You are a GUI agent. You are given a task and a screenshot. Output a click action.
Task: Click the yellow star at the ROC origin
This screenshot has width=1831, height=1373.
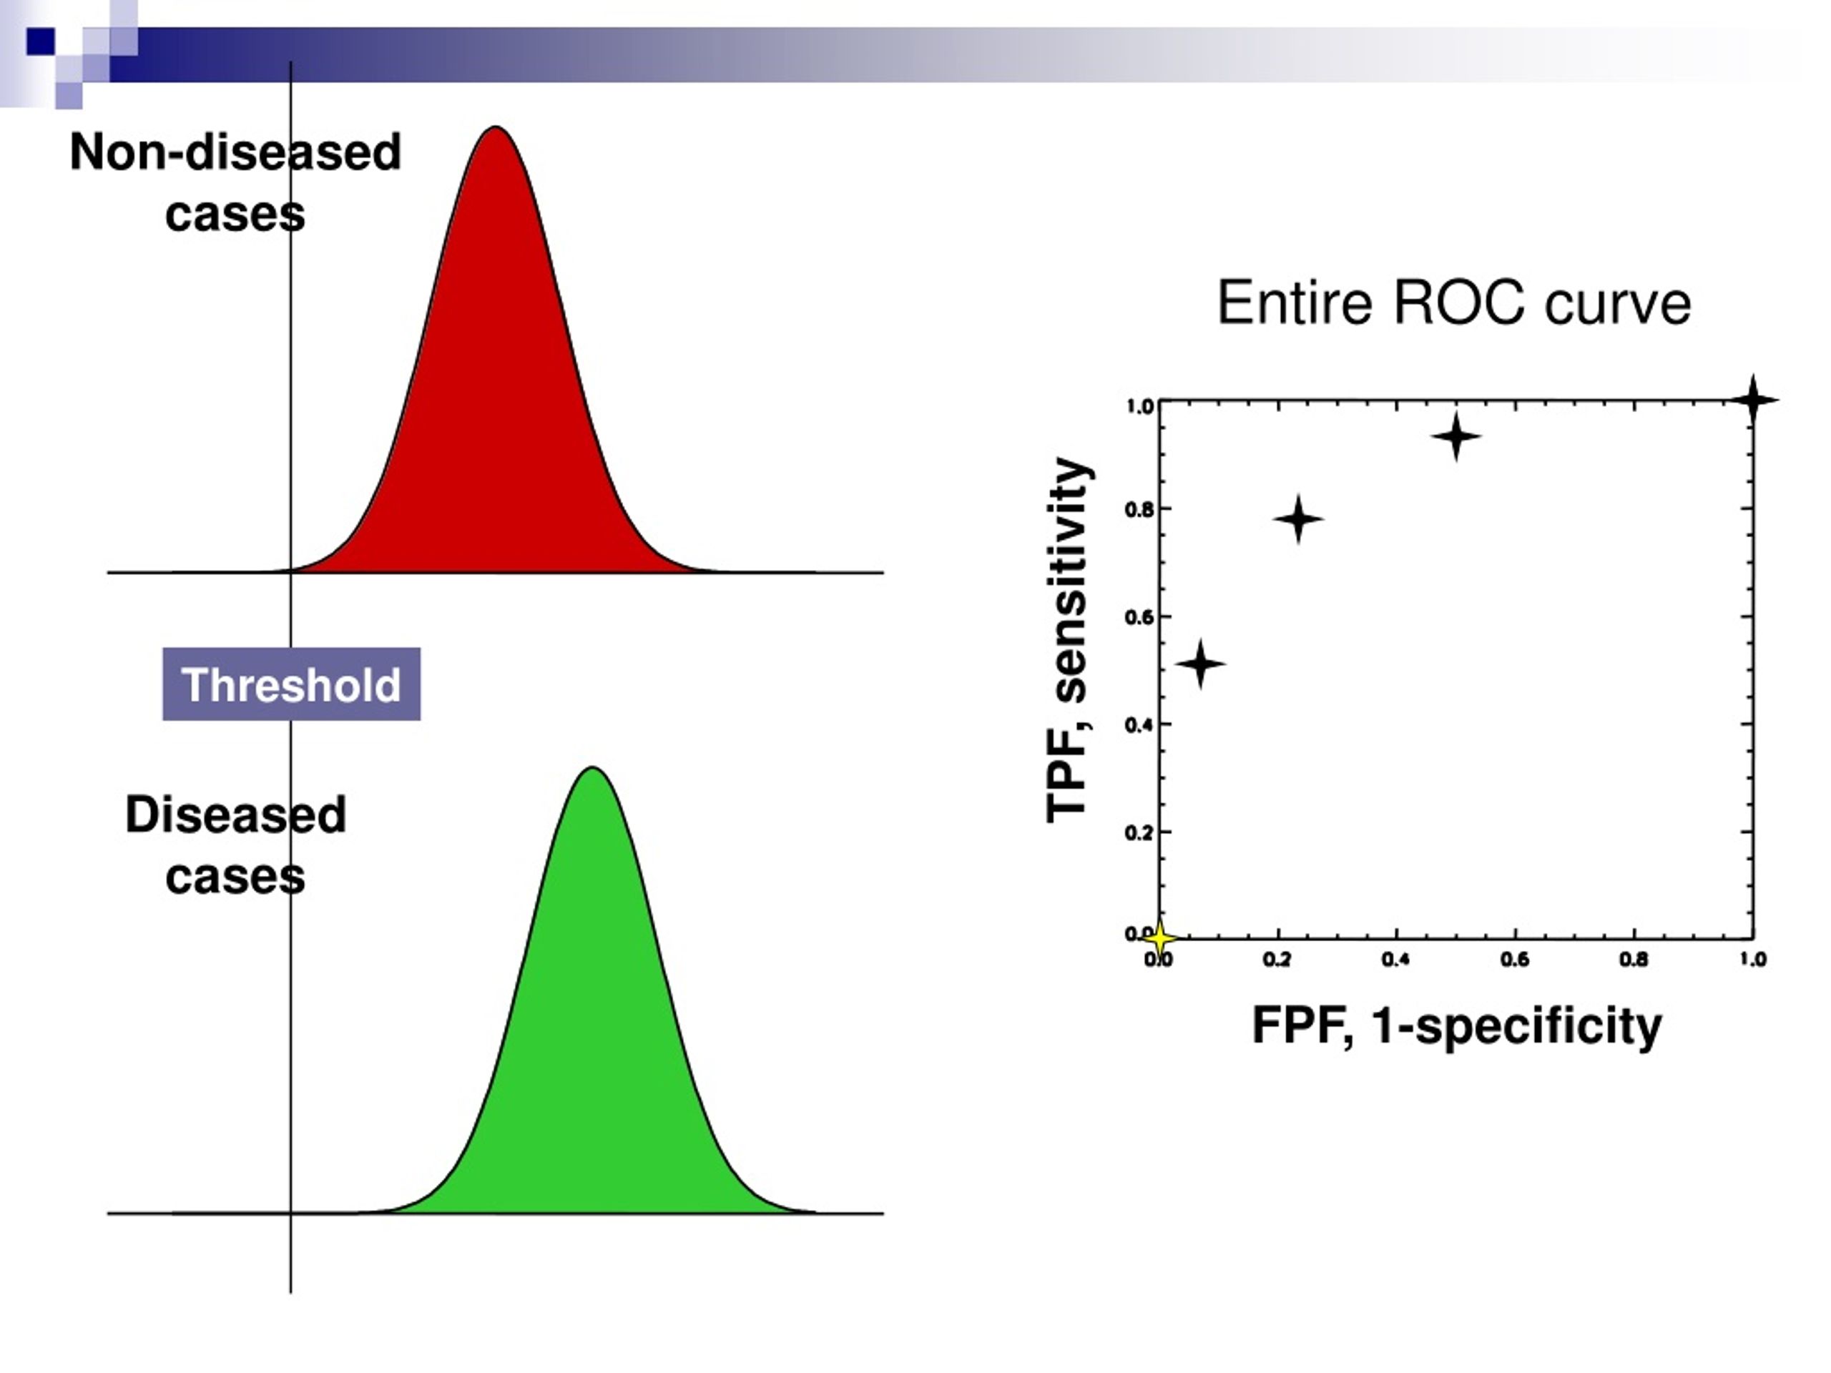pyautogui.click(x=1159, y=938)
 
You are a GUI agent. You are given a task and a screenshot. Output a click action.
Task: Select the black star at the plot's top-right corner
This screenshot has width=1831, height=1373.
pyautogui.click(x=1753, y=400)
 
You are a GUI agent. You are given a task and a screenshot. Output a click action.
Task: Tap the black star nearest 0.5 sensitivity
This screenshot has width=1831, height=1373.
pyautogui.click(x=1200, y=663)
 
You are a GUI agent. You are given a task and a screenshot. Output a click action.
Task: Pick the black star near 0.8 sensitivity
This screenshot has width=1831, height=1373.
pyautogui.click(x=1298, y=519)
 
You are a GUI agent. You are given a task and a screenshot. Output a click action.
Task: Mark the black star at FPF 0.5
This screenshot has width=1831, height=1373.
pyautogui.click(x=1456, y=435)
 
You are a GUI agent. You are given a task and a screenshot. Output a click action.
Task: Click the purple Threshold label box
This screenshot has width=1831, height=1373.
pyautogui.click(x=291, y=684)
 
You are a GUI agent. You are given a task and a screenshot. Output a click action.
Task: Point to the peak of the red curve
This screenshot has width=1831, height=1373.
pyautogui.click(x=495, y=127)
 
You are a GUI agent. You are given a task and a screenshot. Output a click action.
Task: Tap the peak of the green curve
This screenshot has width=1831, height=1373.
pyautogui.click(x=593, y=768)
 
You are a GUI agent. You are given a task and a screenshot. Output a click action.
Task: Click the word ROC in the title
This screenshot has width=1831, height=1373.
pyautogui.click(x=1458, y=303)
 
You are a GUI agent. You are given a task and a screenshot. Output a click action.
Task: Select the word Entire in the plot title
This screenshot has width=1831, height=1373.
pyautogui.click(x=1295, y=303)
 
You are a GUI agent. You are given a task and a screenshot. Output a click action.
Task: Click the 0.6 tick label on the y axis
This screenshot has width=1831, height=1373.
pyautogui.click(x=1139, y=617)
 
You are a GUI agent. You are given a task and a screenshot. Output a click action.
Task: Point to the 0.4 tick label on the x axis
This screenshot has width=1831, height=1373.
pyautogui.click(x=1395, y=959)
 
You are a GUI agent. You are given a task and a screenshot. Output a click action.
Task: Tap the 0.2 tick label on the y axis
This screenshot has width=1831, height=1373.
pyautogui.click(x=1139, y=832)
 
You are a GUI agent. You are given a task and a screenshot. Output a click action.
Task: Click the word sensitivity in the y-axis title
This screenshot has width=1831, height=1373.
pyautogui.click(x=1069, y=579)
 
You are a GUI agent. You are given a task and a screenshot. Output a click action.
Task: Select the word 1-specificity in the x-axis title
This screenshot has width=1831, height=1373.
pyautogui.click(x=1516, y=1027)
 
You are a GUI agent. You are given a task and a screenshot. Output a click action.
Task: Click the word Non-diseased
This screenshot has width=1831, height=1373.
pyautogui.click(x=236, y=152)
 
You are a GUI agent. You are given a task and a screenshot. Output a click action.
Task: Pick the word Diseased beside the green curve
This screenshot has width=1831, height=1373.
pyautogui.click(x=236, y=815)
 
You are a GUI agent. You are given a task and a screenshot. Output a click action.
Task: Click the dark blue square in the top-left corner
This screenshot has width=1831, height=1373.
pyautogui.click(x=41, y=41)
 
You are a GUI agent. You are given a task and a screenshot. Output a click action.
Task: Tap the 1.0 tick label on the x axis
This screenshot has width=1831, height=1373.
pyautogui.click(x=1752, y=959)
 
